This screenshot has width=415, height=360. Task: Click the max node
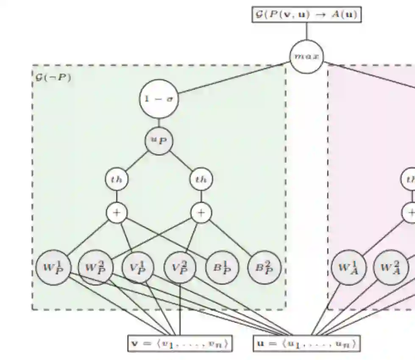(x=306, y=56)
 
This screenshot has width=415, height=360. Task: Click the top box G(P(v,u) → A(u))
(x=306, y=15)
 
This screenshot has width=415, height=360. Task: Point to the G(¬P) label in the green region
(x=53, y=78)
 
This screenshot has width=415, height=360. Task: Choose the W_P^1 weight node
(x=53, y=267)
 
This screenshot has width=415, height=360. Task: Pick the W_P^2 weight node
(x=96, y=267)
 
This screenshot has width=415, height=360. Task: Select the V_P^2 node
(x=181, y=267)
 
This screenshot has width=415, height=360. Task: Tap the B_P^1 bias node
(x=222, y=267)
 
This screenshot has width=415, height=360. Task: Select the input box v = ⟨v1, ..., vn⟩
(x=180, y=343)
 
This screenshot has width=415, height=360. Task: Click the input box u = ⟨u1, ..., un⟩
(x=306, y=343)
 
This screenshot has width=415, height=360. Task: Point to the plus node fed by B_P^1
(x=117, y=213)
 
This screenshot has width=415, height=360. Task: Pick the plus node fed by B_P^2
(x=201, y=213)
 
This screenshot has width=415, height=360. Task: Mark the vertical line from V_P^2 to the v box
(x=181, y=309)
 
